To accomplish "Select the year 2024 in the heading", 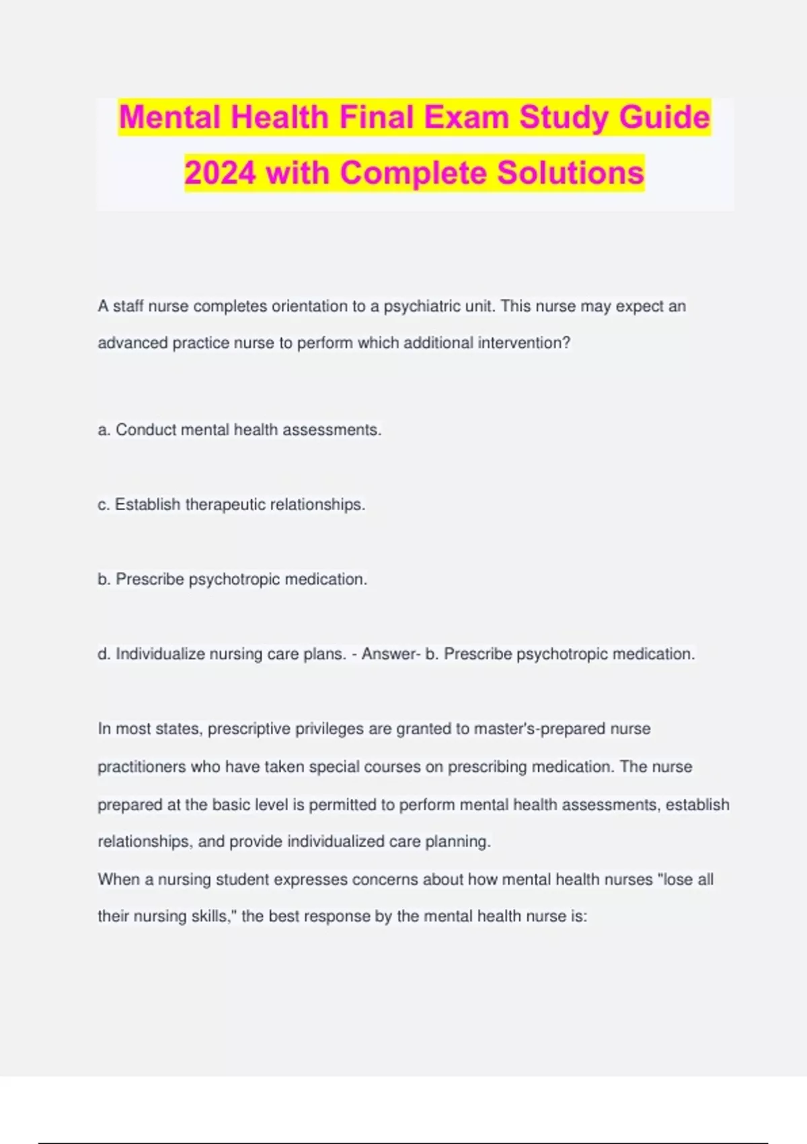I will coord(220,173).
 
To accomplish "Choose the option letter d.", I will coord(104,653).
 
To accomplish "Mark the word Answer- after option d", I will coord(391,653).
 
